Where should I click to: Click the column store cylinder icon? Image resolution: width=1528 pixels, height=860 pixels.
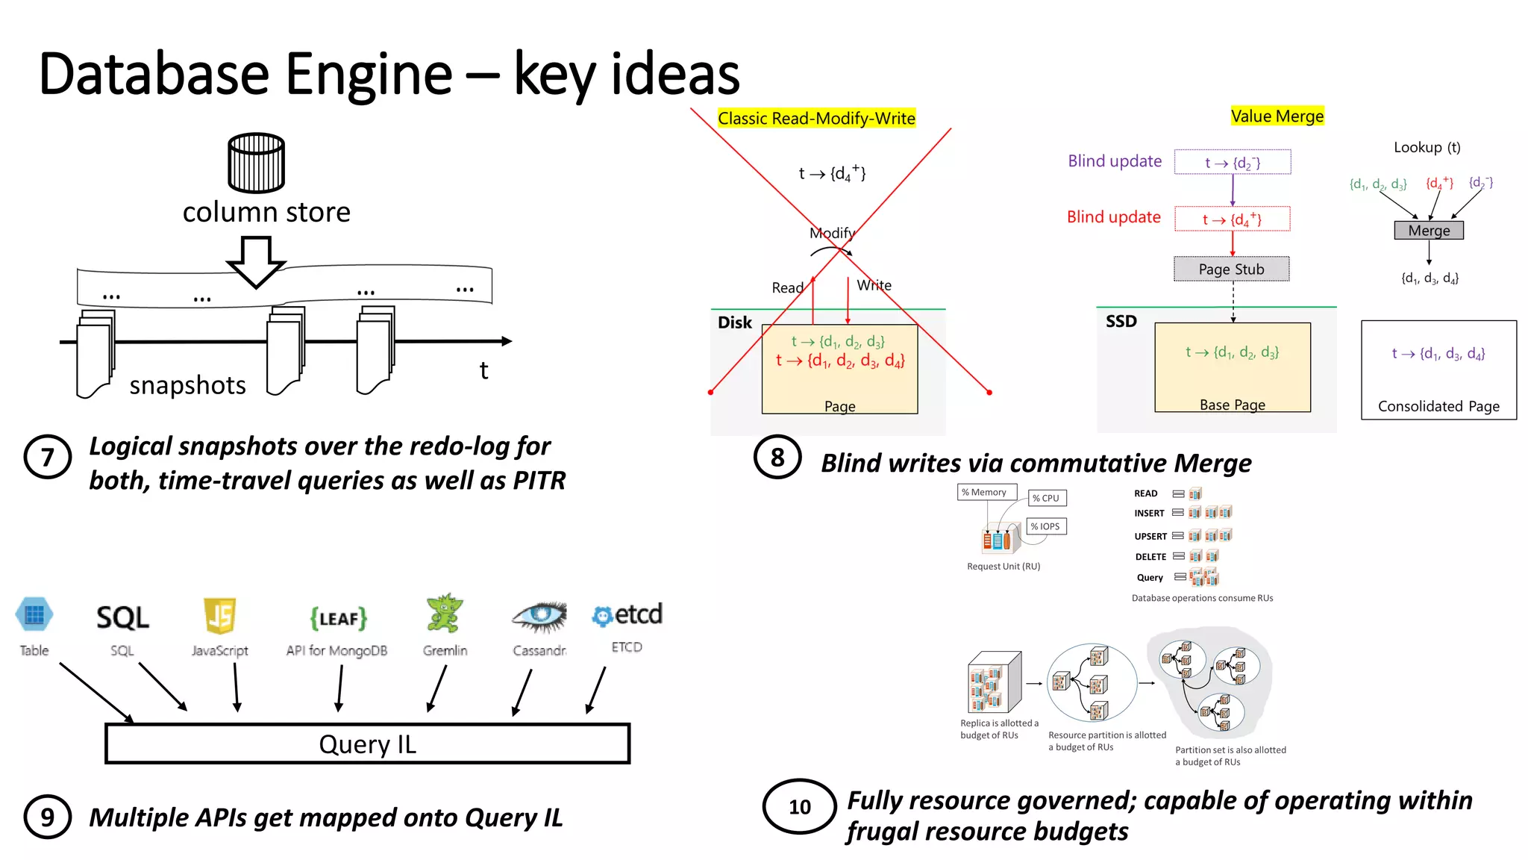pos(256,163)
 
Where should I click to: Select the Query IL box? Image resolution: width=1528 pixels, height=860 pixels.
pos(367,744)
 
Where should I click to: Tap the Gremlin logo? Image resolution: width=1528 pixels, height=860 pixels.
pos(444,614)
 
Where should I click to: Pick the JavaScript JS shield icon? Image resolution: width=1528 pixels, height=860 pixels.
pos(219,616)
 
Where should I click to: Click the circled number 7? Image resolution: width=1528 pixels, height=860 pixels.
pos(47,457)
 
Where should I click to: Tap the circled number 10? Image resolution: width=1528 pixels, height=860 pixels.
pos(799,807)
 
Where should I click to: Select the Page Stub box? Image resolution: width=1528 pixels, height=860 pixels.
pos(1231,269)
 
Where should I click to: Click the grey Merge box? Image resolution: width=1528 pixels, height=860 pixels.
pos(1429,231)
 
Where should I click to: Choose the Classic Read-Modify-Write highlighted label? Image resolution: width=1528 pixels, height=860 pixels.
pos(816,118)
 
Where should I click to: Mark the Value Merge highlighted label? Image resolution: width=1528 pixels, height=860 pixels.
pos(1277,116)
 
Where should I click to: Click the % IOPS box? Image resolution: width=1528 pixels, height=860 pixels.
pos(1047,526)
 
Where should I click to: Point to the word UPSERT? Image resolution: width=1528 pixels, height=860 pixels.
pos(1150,536)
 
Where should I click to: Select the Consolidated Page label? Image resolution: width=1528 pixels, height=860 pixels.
pos(1438,406)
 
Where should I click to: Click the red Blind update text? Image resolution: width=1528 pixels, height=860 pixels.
pos(1113,217)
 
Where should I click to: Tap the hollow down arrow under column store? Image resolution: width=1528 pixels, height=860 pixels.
pos(256,261)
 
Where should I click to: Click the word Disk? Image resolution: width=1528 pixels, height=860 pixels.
pos(734,322)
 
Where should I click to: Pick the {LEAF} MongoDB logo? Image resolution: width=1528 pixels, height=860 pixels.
pos(338,618)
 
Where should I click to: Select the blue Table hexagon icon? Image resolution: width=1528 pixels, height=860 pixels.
pos(34,615)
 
